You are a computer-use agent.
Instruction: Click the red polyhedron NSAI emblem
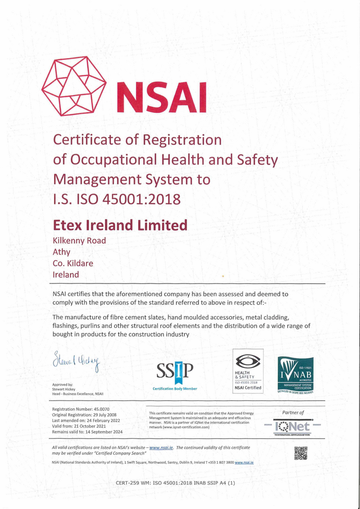click(x=73, y=89)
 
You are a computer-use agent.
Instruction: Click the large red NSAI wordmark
click(x=162, y=97)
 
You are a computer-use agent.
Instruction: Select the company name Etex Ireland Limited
click(x=120, y=224)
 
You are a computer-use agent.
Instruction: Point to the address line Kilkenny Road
click(x=79, y=241)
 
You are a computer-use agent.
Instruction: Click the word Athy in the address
click(x=62, y=252)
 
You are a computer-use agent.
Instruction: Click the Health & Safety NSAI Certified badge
click(x=248, y=370)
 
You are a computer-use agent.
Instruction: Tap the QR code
click(x=300, y=453)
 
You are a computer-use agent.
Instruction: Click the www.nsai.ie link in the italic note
click(x=161, y=447)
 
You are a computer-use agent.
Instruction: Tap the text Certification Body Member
click(x=175, y=388)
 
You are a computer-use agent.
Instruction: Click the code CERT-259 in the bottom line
click(x=128, y=483)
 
